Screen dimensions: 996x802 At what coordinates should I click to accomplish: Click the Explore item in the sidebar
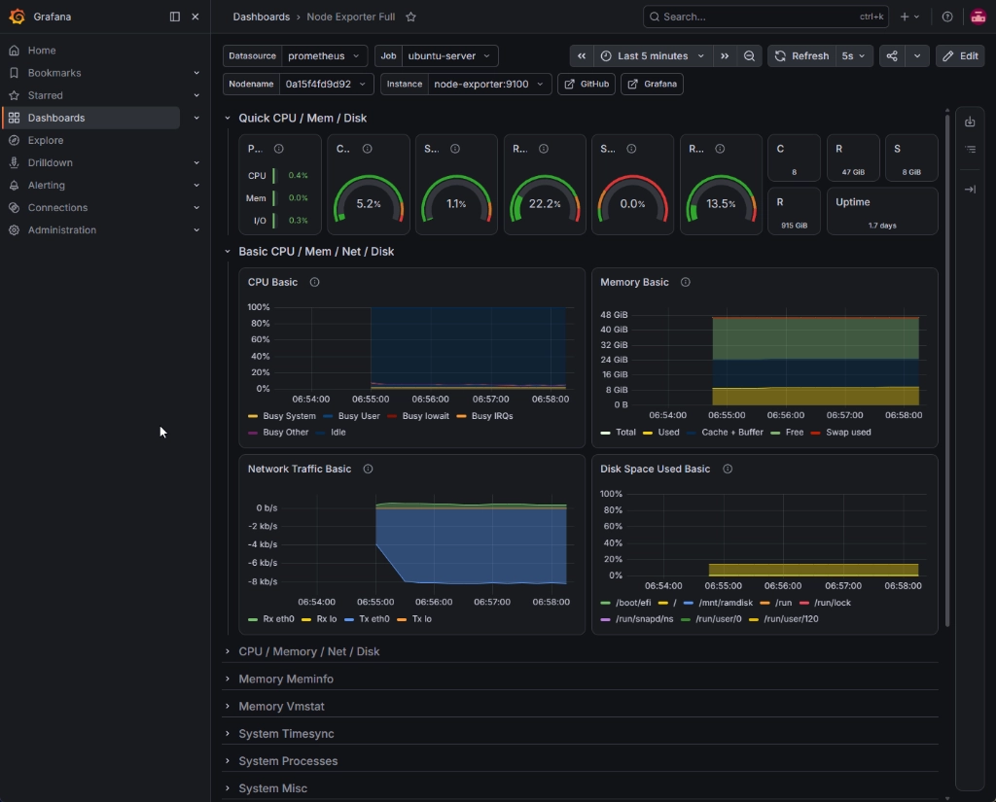[45, 140]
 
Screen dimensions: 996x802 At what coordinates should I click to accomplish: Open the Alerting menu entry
[46, 186]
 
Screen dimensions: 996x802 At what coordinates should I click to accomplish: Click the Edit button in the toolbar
[960, 55]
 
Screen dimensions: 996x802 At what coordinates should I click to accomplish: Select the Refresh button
[801, 55]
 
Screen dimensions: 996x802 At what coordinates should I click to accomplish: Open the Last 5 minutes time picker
[653, 55]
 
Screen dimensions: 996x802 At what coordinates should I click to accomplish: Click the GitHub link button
[587, 84]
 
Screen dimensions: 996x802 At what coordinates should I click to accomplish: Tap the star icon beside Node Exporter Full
[411, 17]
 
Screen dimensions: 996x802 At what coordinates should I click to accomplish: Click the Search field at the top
[765, 17]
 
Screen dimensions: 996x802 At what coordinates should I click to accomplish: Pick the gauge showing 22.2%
[545, 198]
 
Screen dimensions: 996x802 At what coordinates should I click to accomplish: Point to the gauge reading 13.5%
[721, 198]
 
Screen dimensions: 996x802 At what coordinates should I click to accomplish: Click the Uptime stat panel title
[852, 202]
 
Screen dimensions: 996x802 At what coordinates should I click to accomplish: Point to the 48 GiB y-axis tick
[614, 314]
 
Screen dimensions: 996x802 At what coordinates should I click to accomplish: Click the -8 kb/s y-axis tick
[263, 581]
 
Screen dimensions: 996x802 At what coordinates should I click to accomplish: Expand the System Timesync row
[286, 733]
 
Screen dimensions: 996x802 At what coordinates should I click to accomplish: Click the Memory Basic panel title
[634, 283]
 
